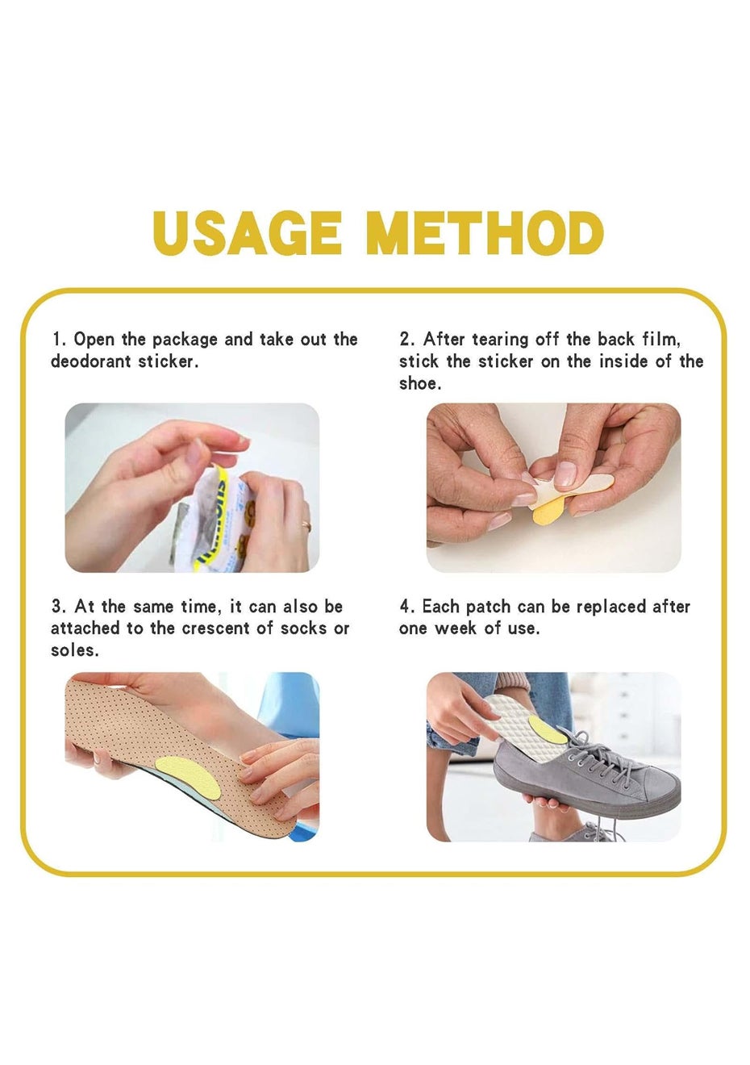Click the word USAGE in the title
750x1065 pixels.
coord(247,234)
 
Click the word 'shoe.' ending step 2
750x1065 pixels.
coord(420,384)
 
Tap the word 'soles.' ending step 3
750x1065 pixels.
coord(75,650)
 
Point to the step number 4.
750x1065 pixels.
coord(405,608)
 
